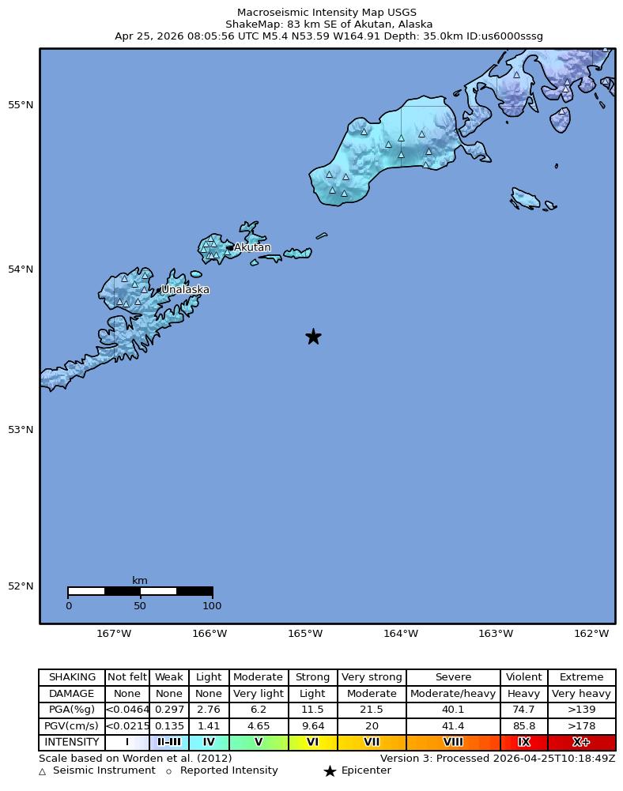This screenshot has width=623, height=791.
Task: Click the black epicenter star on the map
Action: (313, 337)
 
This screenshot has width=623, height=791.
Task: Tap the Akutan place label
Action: (252, 247)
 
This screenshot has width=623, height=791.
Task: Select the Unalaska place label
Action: (185, 289)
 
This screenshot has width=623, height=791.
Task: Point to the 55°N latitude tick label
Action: (21, 105)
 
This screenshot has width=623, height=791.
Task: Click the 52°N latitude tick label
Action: (21, 586)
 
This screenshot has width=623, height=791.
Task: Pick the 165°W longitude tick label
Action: (305, 634)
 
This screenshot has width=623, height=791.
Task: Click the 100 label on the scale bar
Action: (212, 606)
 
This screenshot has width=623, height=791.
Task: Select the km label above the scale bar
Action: (140, 580)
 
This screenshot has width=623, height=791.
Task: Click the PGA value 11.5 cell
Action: (313, 710)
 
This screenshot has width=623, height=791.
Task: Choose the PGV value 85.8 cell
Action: (523, 726)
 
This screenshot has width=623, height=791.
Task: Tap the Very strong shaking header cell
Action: (372, 677)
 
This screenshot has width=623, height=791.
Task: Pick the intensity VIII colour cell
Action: (453, 742)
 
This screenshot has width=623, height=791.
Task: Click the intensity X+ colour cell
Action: (581, 742)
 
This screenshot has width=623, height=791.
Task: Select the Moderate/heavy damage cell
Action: (453, 694)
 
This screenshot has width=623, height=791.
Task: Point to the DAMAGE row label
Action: (72, 694)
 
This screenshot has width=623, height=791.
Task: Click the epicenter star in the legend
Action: (330, 771)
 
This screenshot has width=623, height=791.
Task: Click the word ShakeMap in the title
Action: (249, 24)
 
